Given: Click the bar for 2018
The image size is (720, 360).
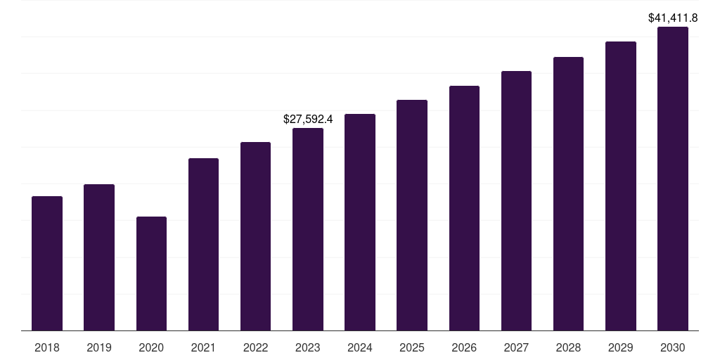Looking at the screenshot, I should [47, 263].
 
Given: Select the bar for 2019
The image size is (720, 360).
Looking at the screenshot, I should [99, 257].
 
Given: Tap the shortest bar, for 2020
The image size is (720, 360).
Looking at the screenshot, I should [151, 274].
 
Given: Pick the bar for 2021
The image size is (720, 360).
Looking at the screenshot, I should [203, 244].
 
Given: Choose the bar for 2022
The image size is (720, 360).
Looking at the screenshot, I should [255, 236].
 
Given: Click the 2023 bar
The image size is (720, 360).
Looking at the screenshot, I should [308, 229].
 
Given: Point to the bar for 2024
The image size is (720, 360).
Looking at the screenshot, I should [360, 222].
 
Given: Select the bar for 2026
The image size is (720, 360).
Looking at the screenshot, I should [464, 208].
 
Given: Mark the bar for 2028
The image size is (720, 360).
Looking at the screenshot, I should [568, 193].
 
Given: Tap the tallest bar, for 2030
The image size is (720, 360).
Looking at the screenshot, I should [673, 179].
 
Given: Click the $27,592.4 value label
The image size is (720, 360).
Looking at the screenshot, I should [308, 120].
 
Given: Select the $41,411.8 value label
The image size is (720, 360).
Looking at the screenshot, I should [673, 18].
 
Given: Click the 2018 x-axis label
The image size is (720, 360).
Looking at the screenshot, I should [47, 347].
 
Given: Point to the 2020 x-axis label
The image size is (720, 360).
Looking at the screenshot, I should [151, 347].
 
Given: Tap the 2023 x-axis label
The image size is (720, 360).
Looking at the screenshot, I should [308, 347].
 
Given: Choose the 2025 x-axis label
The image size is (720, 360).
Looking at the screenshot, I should [412, 347].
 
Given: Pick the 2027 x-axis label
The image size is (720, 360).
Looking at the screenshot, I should [516, 347].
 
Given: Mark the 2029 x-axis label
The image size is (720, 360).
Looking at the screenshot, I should [621, 347].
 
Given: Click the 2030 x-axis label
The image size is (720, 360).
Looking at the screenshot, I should [673, 347].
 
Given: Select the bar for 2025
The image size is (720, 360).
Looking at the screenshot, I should [412, 215].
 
